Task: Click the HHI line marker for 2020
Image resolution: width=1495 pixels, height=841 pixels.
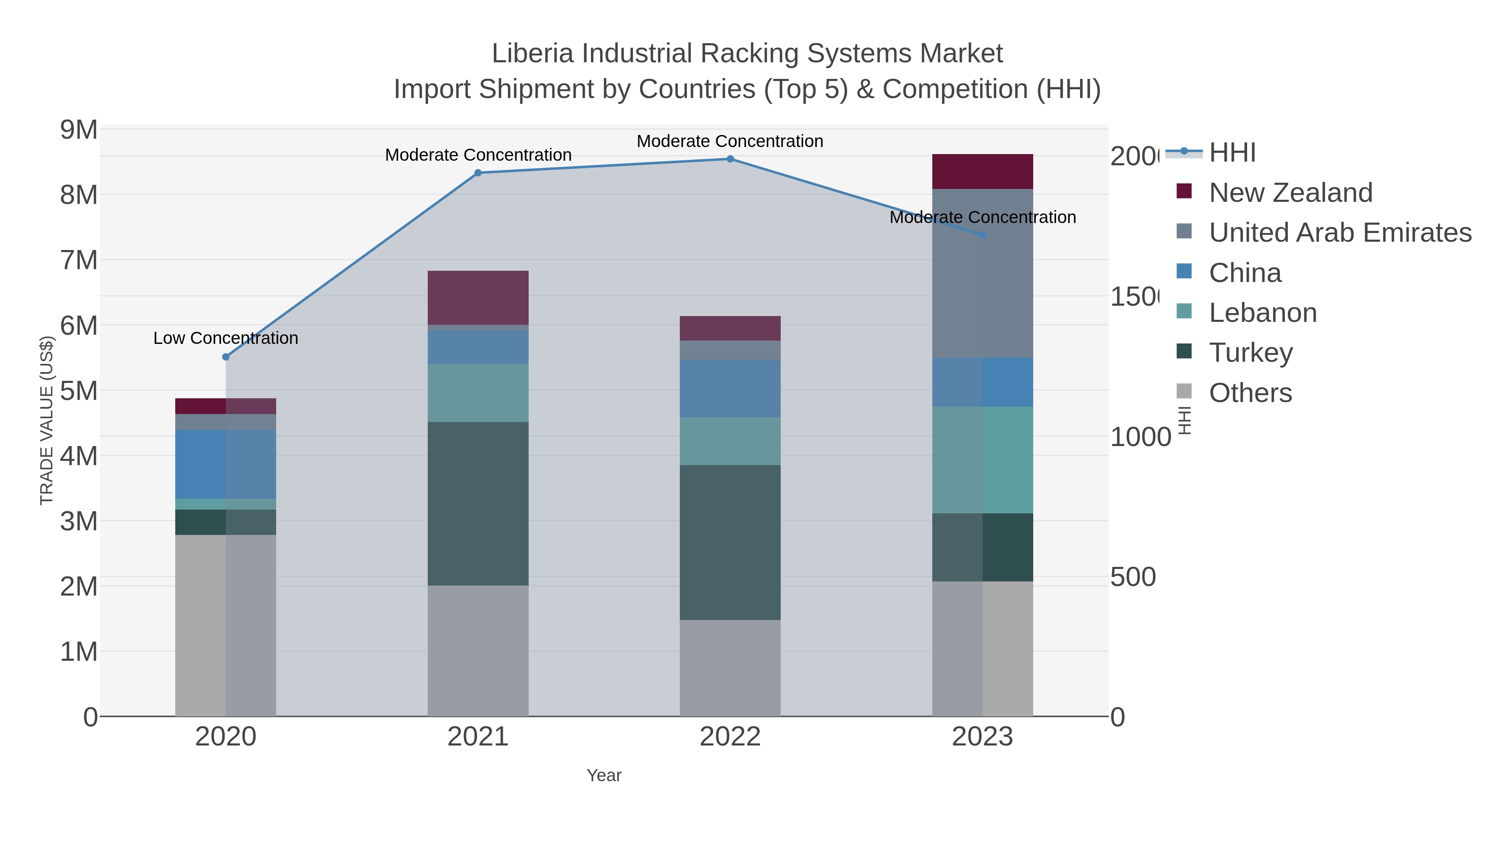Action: coord(226,357)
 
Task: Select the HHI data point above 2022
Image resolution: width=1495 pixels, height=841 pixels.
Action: coord(730,159)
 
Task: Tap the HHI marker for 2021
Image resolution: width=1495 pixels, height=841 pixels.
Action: coord(478,173)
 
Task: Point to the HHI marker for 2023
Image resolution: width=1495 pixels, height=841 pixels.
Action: coord(983,235)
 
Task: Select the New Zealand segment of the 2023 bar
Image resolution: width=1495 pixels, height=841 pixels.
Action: coord(983,172)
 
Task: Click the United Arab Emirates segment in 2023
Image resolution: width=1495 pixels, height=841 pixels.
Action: coord(983,273)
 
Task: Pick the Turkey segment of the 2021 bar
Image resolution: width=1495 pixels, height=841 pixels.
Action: coord(478,503)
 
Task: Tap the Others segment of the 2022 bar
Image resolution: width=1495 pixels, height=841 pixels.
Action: coord(730,667)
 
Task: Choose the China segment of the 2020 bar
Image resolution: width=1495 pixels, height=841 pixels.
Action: coord(226,464)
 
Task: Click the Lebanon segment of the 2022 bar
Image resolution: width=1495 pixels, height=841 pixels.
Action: coord(730,441)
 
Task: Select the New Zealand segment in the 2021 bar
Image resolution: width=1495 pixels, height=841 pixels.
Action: coord(478,297)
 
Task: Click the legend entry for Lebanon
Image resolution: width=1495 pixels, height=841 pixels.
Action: coord(1262,313)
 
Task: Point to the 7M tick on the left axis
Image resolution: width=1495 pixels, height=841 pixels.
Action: coord(78,260)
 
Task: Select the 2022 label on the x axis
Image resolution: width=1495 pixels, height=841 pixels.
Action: coord(730,737)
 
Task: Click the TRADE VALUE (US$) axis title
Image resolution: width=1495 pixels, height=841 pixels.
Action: coord(47,420)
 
